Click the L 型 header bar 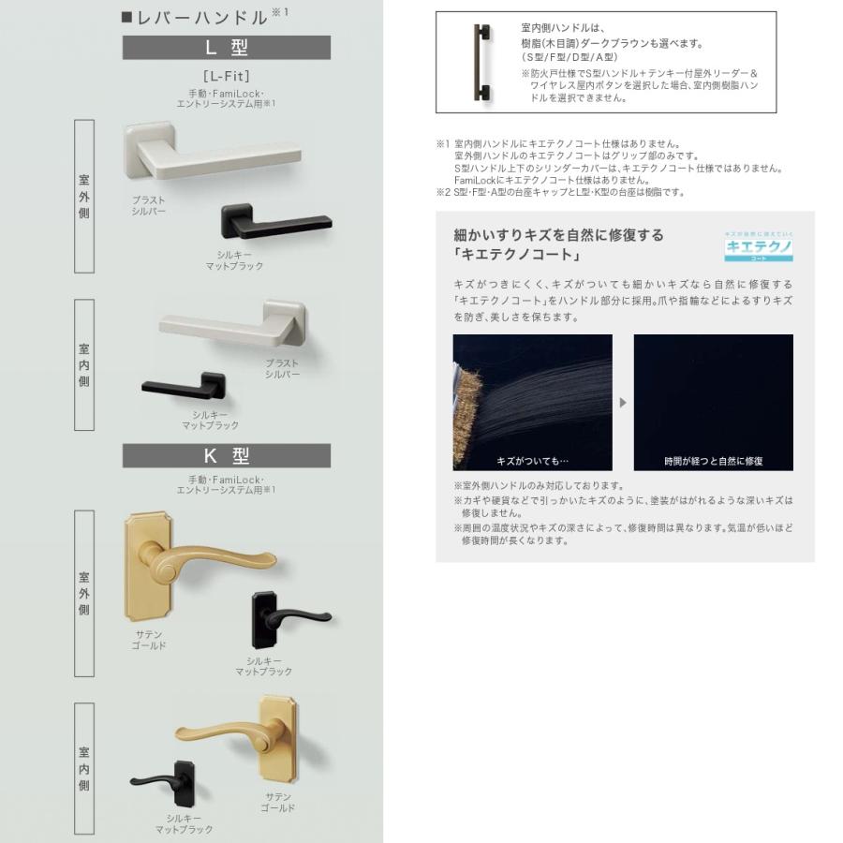click(x=226, y=47)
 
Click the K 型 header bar click(x=226, y=455)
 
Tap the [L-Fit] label click(x=226, y=75)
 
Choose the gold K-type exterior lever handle click(x=187, y=566)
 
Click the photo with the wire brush click(x=532, y=402)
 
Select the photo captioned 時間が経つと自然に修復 click(x=713, y=402)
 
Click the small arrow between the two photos click(x=623, y=403)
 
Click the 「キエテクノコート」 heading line click(x=516, y=255)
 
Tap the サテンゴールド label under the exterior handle click(x=149, y=641)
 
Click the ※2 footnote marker click(x=443, y=192)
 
